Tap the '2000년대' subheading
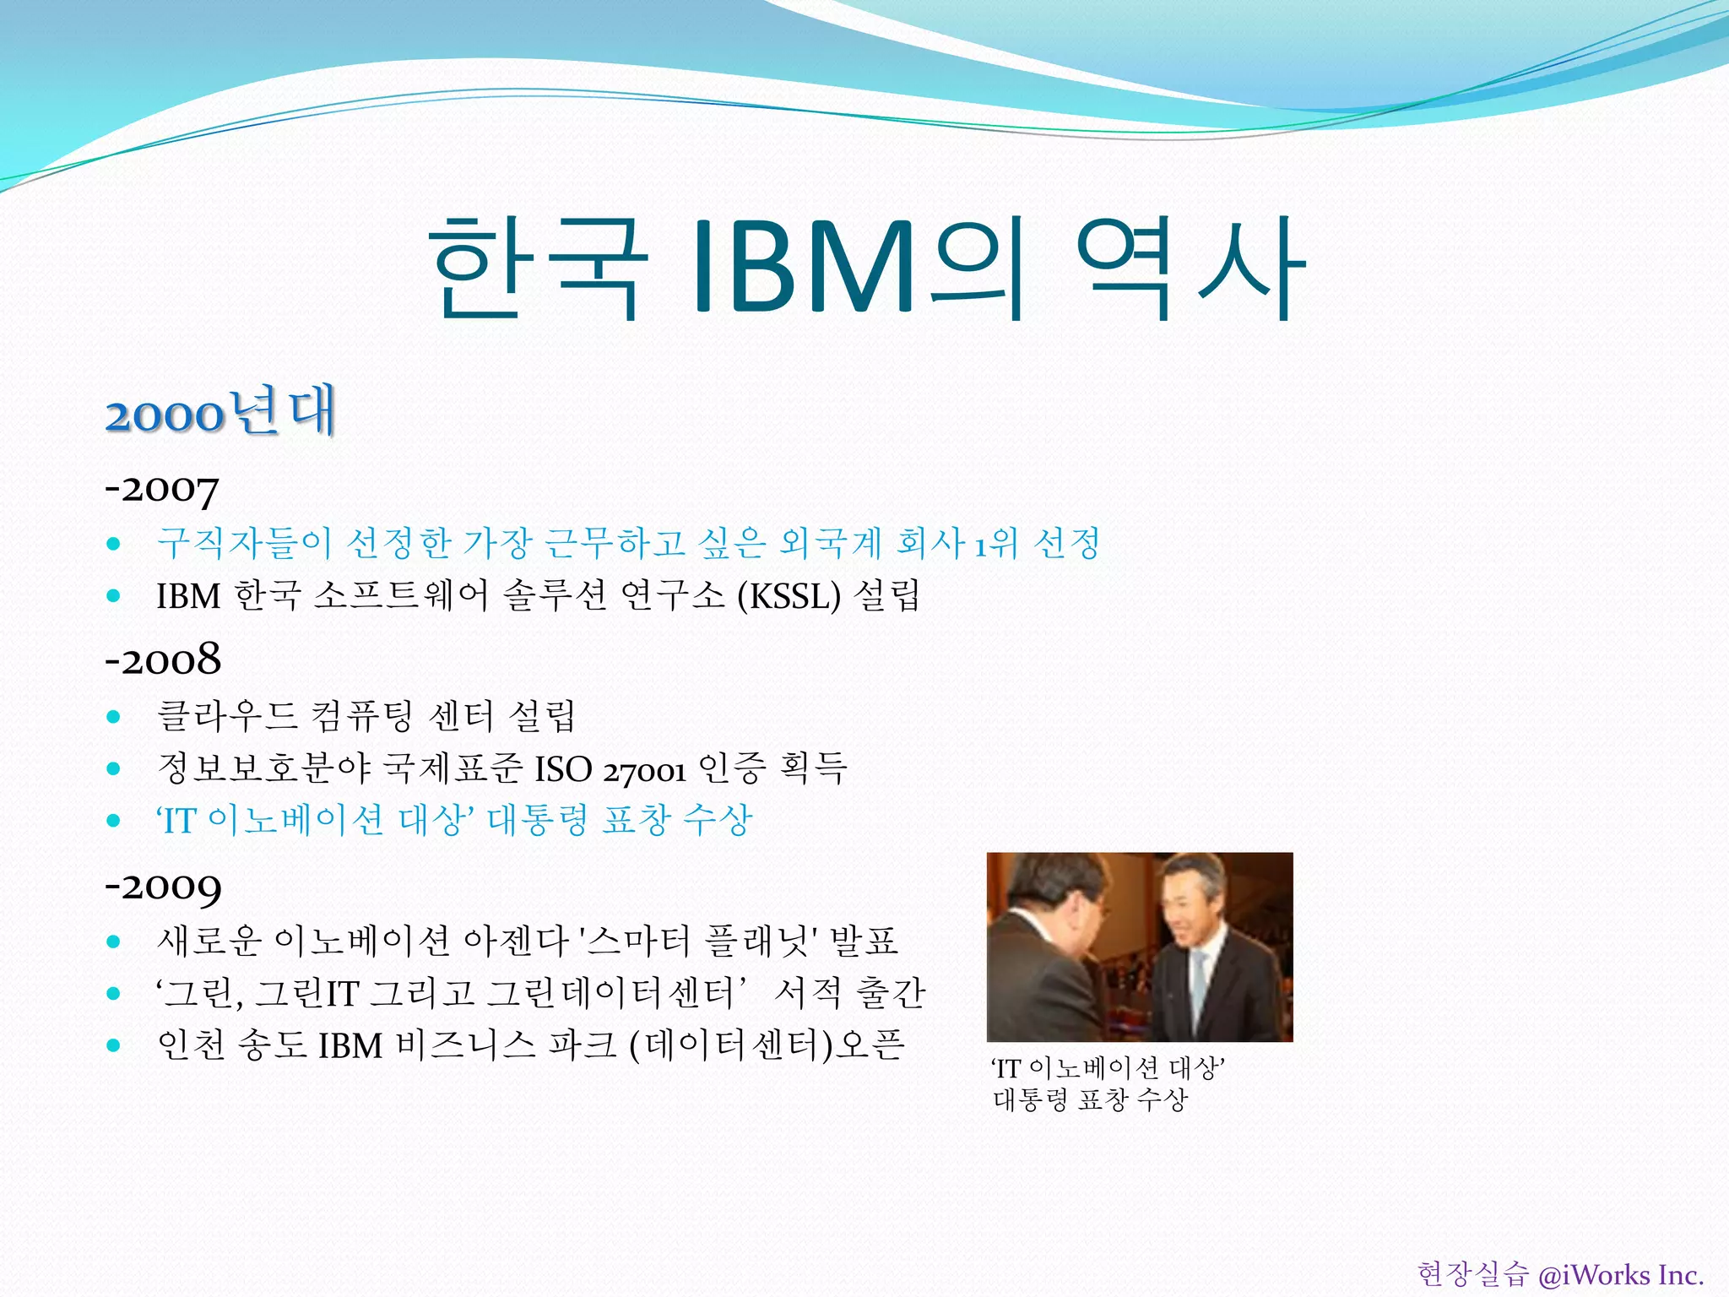(220, 412)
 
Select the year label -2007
(162, 489)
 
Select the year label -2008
(163, 659)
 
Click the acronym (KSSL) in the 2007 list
(789, 596)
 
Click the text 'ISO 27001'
(610, 769)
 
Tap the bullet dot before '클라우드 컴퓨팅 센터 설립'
(114, 717)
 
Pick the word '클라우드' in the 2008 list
(227, 716)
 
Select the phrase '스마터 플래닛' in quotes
(699, 941)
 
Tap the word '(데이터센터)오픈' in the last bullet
(767, 1045)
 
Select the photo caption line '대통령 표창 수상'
(1090, 1099)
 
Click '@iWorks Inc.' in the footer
(1621, 1274)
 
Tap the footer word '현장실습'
(1472, 1274)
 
